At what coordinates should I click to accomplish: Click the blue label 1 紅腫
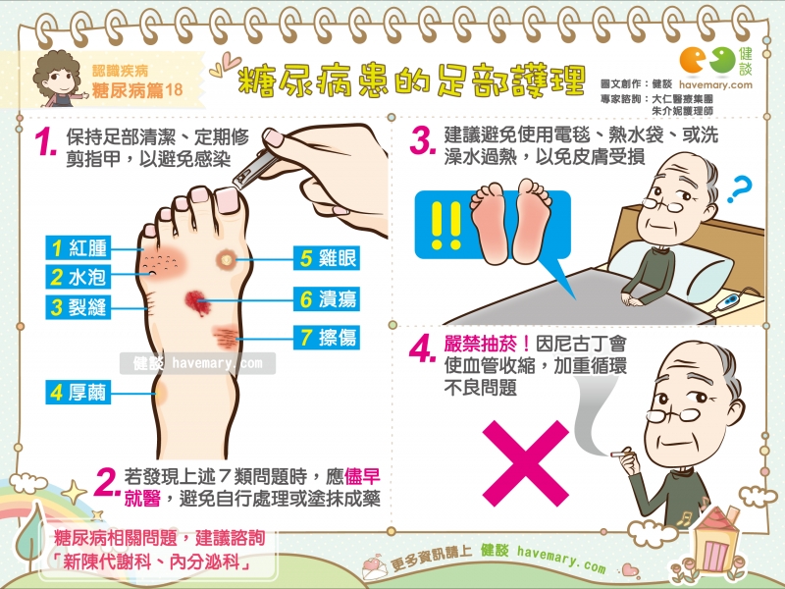tap(78, 248)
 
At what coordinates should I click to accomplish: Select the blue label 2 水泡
tap(78, 277)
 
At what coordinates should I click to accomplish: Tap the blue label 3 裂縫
tap(78, 306)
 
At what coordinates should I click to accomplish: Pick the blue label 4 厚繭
tap(78, 392)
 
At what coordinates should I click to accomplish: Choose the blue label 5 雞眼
tap(327, 258)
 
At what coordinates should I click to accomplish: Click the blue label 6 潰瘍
tap(327, 299)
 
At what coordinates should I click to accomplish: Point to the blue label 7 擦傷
tap(327, 337)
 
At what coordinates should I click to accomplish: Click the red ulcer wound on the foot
tap(196, 302)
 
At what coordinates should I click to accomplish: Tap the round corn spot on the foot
tap(227, 259)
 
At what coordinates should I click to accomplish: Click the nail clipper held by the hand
tap(254, 168)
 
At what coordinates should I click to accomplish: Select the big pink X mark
tap(526, 463)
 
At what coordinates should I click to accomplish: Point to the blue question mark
tap(740, 188)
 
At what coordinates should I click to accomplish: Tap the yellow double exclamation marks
tap(445, 226)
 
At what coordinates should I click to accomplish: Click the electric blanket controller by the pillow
tap(728, 302)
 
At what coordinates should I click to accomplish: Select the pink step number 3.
tap(422, 140)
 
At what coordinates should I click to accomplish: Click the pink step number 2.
tap(107, 482)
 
